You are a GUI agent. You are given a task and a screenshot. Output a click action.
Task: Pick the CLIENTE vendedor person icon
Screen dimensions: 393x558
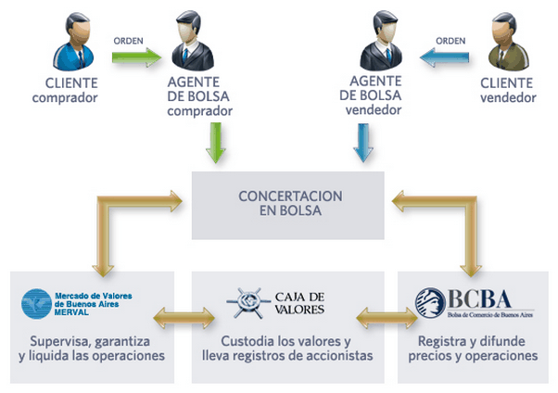tap(505, 43)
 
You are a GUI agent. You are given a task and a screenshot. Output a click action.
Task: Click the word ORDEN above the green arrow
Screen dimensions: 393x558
tap(128, 41)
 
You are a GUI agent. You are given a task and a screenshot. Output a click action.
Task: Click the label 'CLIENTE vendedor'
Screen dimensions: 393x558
tap(506, 89)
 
